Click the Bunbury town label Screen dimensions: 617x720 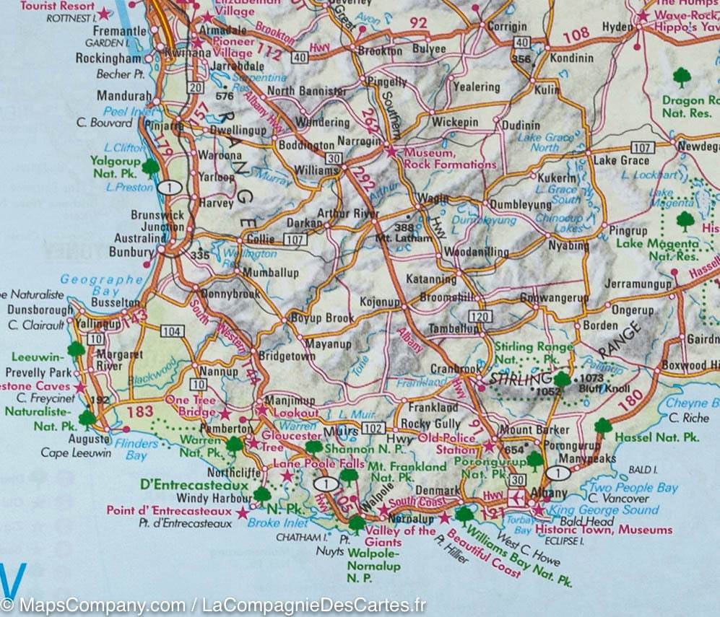pos(131,252)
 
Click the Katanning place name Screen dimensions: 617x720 pos(431,279)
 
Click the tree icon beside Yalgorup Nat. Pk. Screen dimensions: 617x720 pos(150,167)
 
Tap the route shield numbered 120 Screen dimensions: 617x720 pos(480,316)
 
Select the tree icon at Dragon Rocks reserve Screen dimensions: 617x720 pos(681,75)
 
